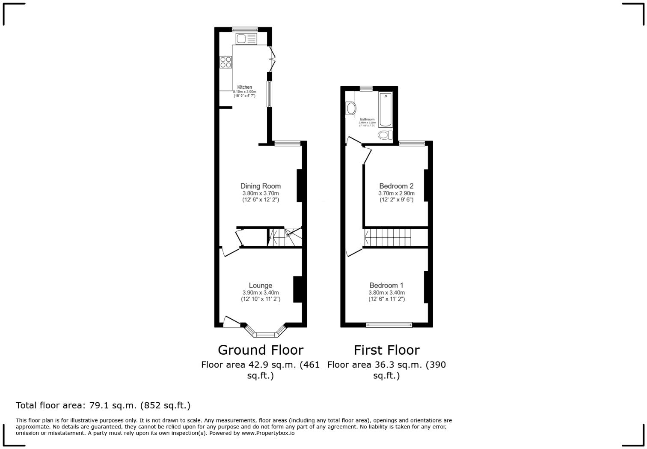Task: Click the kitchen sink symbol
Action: tap(246, 39)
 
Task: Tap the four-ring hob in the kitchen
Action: tap(226, 62)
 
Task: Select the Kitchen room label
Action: tap(245, 87)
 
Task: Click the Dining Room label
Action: tap(260, 186)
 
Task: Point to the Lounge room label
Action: tap(260, 285)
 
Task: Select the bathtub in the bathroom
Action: tap(385, 110)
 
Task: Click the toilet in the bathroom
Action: tap(385, 135)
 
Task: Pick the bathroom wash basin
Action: tap(350, 108)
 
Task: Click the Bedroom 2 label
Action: tap(396, 186)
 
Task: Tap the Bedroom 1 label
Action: tap(386, 285)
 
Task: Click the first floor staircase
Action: tap(387, 237)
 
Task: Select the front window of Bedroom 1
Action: tap(389, 325)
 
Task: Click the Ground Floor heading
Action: tap(260, 350)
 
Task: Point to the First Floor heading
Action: tap(386, 350)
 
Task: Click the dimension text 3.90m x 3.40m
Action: tap(260, 293)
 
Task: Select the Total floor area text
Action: tap(103, 405)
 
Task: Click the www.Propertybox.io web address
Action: tap(268, 433)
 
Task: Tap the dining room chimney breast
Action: tap(300, 186)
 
